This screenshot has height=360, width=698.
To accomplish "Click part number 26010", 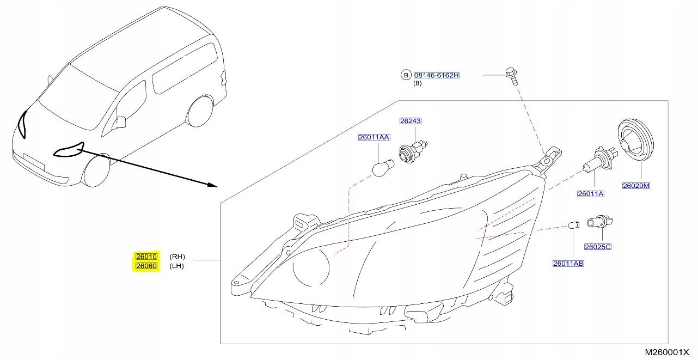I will [x=146, y=257].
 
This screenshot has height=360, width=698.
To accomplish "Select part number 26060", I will [x=146, y=266].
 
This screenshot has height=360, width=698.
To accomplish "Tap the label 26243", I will [x=411, y=121].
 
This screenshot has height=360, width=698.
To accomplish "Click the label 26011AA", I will [x=374, y=137].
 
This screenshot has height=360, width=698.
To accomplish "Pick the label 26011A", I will [x=591, y=193].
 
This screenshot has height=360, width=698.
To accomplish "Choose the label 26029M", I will [x=635, y=186].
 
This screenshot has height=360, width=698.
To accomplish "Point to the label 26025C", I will [x=598, y=247].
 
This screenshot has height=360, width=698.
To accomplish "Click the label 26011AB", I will [x=568, y=264].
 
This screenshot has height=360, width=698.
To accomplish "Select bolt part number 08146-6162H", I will [x=437, y=75].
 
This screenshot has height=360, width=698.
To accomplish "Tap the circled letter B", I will [x=406, y=75].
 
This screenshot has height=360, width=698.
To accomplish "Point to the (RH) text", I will [x=177, y=257].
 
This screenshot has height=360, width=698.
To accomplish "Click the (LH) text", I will [x=177, y=266].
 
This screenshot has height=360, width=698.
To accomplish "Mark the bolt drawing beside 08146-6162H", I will [x=511, y=76].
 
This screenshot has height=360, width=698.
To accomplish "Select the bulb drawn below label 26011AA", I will [x=380, y=168].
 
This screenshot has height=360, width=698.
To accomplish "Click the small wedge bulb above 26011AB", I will [x=573, y=224].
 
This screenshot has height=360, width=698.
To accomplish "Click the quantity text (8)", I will [x=417, y=83].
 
